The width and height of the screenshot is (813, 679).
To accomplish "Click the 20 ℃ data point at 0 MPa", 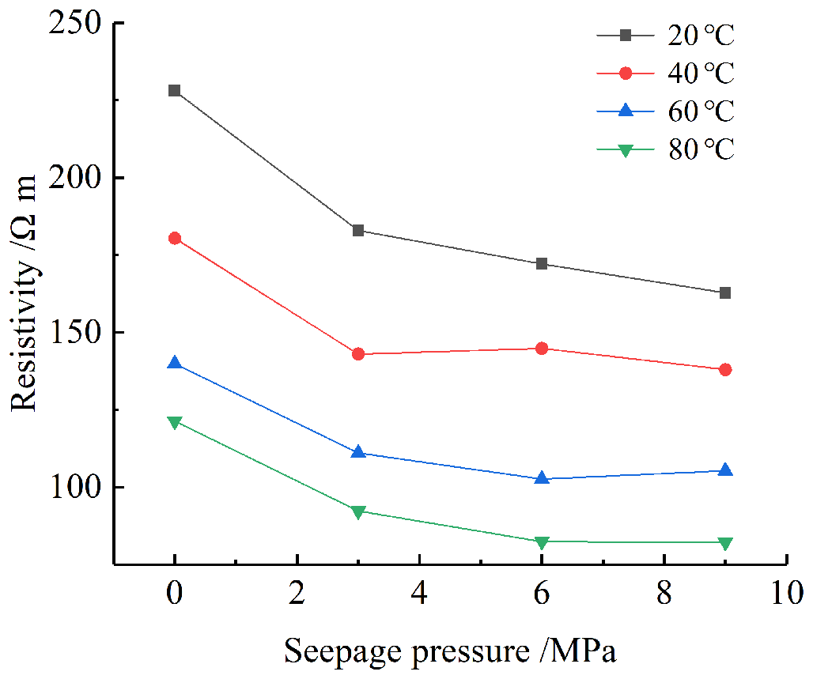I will tap(175, 91).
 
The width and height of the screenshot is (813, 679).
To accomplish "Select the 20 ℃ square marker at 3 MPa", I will tap(358, 231).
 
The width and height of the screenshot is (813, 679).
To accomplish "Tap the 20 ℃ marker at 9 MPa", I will tap(725, 293).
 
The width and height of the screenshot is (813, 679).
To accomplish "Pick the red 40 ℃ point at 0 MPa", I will tap(175, 238).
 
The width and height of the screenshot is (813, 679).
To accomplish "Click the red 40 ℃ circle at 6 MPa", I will tap(542, 349).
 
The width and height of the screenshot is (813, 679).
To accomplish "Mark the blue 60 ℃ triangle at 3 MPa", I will tap(358, 452).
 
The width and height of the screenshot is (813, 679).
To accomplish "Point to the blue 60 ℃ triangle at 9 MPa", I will tap(725, 470).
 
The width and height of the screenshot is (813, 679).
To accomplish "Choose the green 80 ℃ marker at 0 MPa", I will tap(175, 423).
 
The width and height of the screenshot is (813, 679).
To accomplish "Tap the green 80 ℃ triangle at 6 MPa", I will tap(542, 542).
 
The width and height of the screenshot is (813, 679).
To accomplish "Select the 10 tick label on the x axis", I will tap(785, 592).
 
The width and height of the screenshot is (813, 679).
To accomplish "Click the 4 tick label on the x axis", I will tap(419, 592).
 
